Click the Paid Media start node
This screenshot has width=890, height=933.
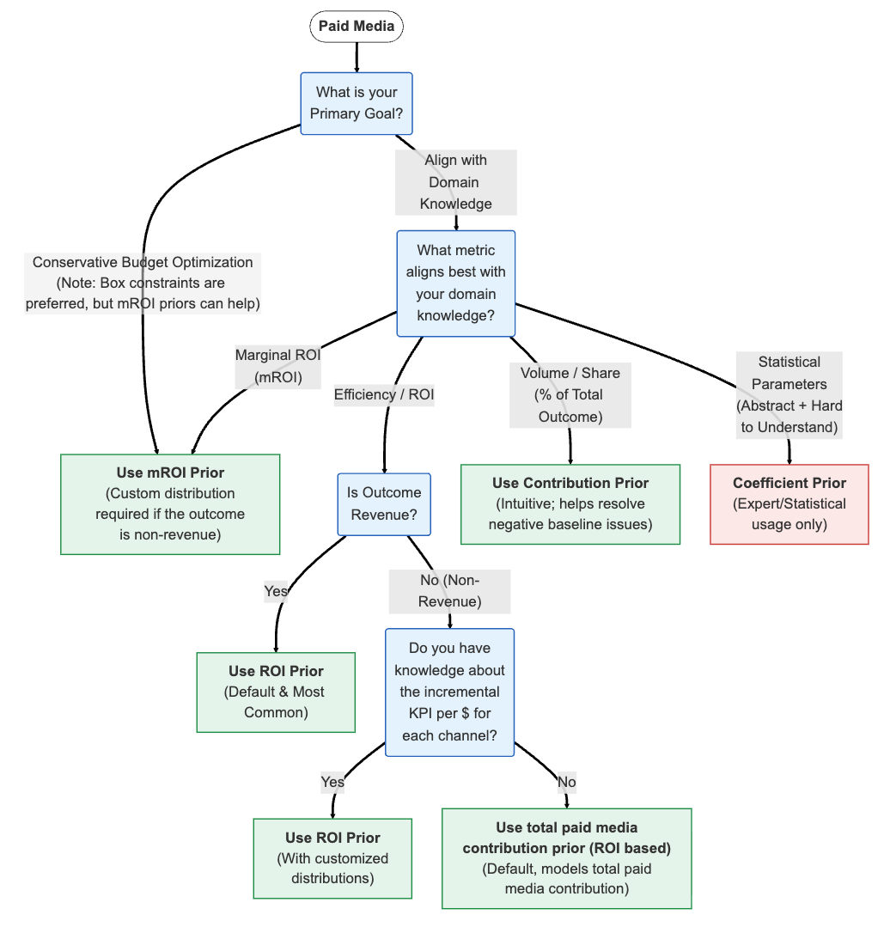pos(357,27)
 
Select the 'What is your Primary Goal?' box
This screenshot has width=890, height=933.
pos(357,103)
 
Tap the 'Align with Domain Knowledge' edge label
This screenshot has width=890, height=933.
pos(455,182)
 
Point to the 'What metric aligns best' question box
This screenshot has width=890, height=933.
pos(455,283)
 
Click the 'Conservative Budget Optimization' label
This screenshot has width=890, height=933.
pos(143,283)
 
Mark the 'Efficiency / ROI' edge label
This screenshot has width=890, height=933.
pos(384,395)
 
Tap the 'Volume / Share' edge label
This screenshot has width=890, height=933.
pos(570,395)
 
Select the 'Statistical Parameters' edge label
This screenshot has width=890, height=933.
pos(789,395)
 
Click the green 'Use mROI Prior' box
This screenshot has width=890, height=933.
pos(170,503)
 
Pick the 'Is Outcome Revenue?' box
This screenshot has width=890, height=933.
pos(384,503)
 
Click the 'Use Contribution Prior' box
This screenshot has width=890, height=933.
pos(570,503)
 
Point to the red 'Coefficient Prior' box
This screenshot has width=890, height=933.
pos(789,503)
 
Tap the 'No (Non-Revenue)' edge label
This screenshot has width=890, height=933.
pos(449,591)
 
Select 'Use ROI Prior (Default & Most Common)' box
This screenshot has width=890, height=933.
pos(276,692)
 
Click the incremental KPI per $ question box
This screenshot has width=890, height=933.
pos(449,692)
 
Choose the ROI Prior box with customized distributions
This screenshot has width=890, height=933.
pos(332,857)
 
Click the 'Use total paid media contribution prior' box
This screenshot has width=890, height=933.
pos(566,857)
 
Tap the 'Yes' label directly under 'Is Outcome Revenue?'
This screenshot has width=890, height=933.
pos(276,591)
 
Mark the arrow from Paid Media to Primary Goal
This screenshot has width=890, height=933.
pos(357,57)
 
